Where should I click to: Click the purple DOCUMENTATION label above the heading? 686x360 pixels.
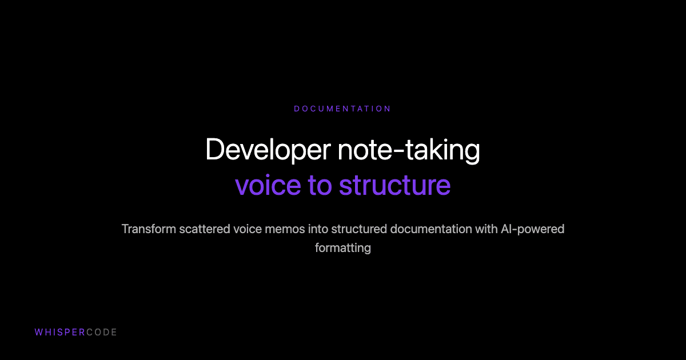coord(342,109)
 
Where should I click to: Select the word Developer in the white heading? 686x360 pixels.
coord(268,150)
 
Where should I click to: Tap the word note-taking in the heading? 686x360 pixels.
coord(409,150)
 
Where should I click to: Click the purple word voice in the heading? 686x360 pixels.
coord(267,185)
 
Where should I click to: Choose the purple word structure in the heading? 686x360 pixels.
coord(394,185)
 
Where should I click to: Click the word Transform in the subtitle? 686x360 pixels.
coord(148,229)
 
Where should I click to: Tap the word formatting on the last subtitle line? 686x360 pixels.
coord(342,248)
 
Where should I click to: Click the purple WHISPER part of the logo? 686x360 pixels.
coord(59,332)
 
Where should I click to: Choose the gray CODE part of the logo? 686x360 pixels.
coord(102,332)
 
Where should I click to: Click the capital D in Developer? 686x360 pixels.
coord(214,150)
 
